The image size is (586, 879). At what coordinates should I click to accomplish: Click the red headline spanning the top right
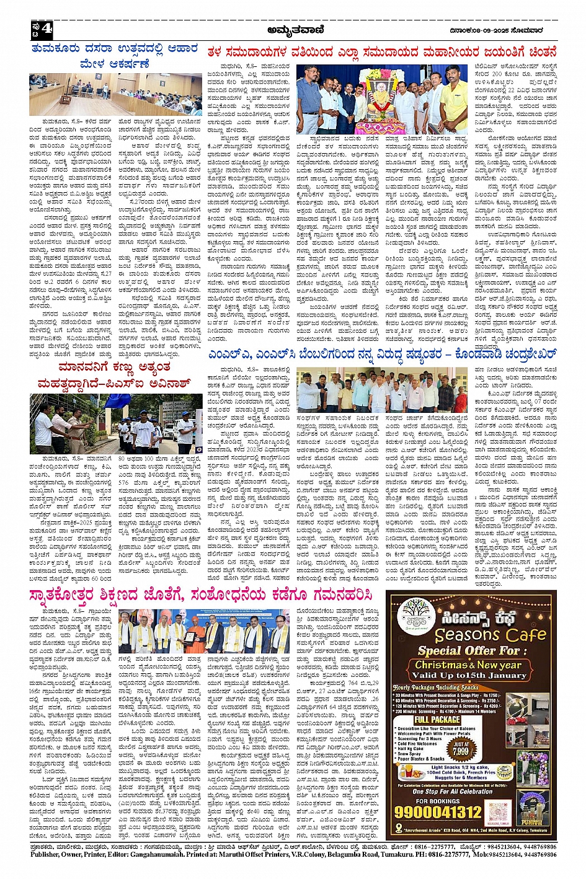tap(381, 53)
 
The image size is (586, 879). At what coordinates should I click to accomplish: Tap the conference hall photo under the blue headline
tap(115, 94)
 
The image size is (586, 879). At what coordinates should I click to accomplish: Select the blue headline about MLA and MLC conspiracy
tap(381, 355)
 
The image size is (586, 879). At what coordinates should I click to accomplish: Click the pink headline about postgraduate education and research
tap(202, 596)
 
